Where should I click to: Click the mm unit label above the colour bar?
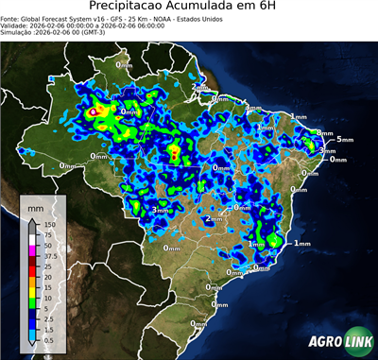coord(36,205)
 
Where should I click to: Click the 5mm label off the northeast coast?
coord(344,140)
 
